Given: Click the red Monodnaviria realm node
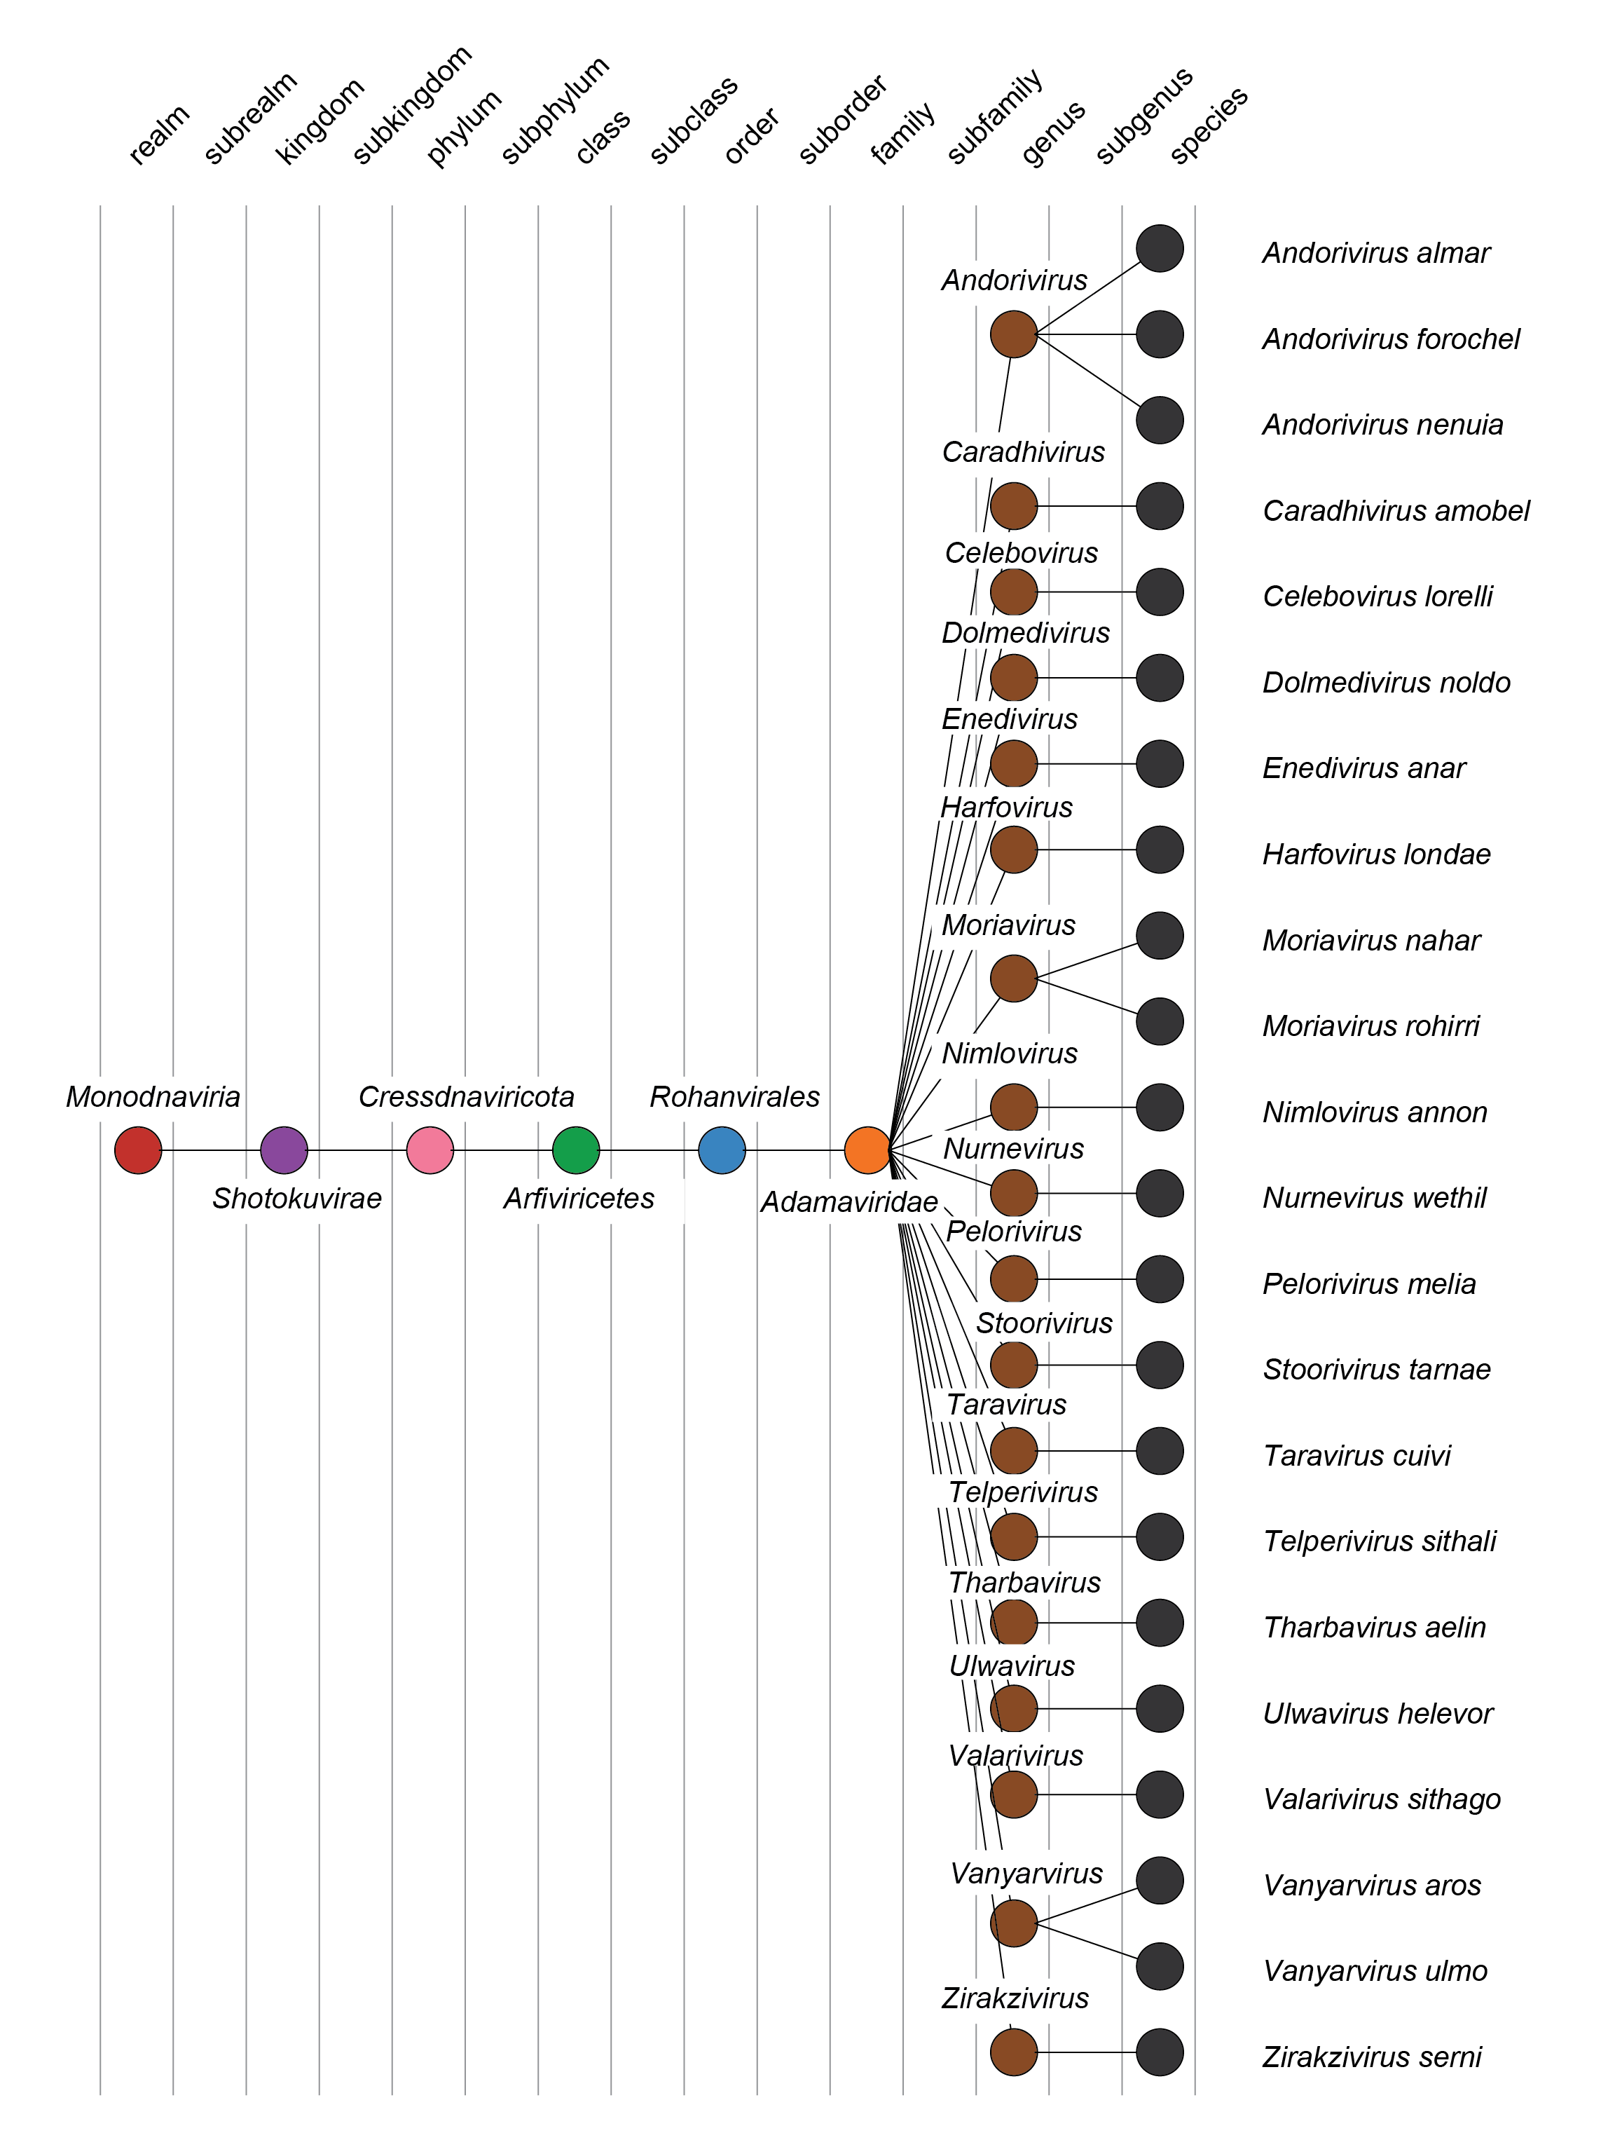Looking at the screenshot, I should tap(137, 1150).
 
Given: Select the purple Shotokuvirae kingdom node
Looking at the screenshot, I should tap(284, 1150).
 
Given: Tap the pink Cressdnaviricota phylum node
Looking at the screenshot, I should tap(430, 1150).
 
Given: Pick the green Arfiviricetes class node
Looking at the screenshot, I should tap(576, 1150).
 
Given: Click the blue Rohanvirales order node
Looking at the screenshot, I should tap(722, 1150).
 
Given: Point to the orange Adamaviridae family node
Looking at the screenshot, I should tap(867, 1150).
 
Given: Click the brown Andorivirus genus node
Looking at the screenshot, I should tap(1014, 334).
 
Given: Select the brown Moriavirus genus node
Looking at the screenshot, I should tap(1014, 978).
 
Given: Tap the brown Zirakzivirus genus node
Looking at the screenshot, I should tap(1014, 2052).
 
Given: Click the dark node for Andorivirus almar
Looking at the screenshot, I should tap(1159, 248).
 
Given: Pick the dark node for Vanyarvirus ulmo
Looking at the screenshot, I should tap(1159, 1965).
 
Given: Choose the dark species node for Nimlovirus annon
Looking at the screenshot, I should tap(1159, 1107).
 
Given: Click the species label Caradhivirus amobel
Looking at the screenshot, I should tap(1396, 511).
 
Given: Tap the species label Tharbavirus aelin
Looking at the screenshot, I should tap(1374, 1628).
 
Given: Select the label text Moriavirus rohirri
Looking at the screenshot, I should tap(1370, 1025).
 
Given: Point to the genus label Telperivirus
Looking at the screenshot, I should tap(1022, 1492).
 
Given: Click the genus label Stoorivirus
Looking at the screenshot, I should tap(1044, 1323).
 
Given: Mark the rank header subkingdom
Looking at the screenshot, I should tap(412, 104).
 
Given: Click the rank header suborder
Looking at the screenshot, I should tap(843, 118).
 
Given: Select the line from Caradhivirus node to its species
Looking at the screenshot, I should tap(1087, 506).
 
